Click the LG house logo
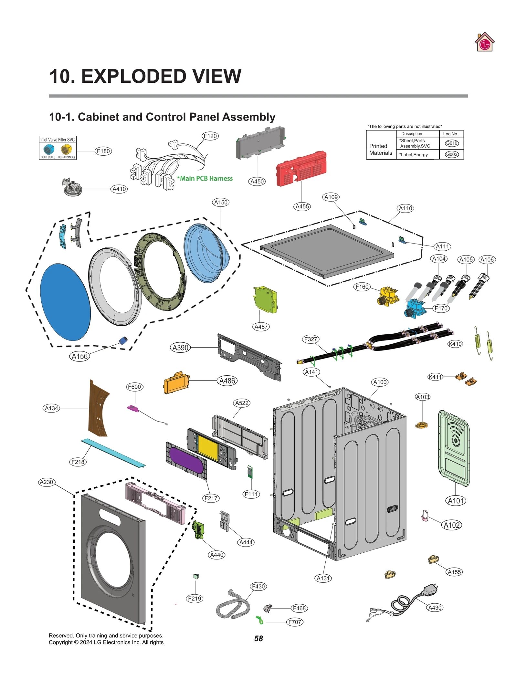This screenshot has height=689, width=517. pos(484,42)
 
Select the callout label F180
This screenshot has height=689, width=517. pos(103,151)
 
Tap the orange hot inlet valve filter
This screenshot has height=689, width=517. pos(66,149)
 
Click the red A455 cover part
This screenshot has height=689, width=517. pos(301,168)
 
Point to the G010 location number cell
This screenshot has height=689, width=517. pos(451,143)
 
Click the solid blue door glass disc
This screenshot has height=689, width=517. pos(65,302)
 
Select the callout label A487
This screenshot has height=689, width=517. pos(261,327)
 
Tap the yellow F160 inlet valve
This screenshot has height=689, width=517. pos(388,295)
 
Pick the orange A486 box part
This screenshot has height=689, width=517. pos(176,383)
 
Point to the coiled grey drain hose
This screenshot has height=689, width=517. pos(232,607)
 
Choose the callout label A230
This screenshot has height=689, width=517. pos(47,482)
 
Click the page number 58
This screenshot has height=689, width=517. pos(258,638)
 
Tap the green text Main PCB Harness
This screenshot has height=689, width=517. pos(205,178)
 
